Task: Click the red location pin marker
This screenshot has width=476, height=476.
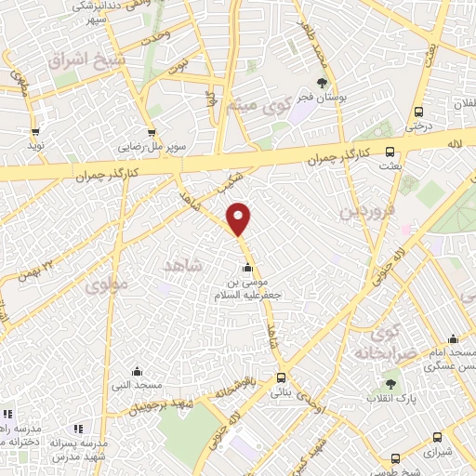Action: click(x=239, y=218)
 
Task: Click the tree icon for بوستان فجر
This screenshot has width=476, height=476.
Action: click(x=322, y=85)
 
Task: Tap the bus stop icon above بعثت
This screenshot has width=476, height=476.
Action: click(x=390, y=152)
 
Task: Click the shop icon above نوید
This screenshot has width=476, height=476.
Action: click(x=36, y=132)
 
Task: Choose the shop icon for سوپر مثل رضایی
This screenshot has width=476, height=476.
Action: click(x=151, y=133)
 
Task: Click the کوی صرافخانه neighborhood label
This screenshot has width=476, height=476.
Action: click(x=380, y=342)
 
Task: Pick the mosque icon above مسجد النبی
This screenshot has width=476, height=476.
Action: click(x=137, y=371)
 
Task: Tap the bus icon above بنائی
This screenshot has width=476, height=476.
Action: click(x=281, y=377)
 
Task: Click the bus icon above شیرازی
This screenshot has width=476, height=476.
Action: click(x=397, y=457)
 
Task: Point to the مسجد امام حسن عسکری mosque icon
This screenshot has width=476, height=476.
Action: click(x=452, y=339)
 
